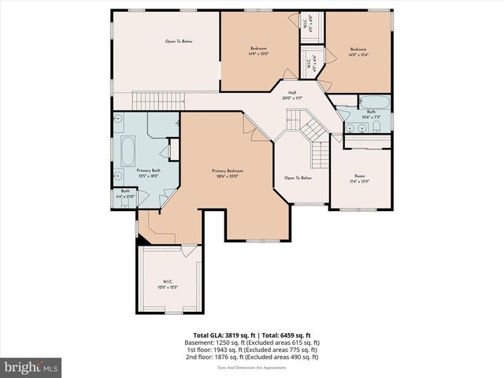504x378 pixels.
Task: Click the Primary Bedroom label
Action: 227,171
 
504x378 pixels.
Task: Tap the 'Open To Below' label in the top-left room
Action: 179,41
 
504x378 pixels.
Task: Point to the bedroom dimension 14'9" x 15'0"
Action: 259,54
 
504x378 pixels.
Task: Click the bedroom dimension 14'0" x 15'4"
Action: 358,54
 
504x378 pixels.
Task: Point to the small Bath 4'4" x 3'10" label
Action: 125,194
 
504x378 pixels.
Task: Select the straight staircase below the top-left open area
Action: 157,102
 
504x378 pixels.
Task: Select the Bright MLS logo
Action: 31,367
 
